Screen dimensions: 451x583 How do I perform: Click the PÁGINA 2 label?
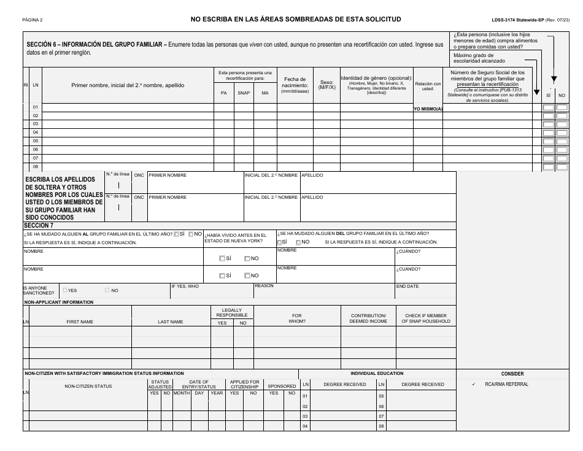tap(32, 20)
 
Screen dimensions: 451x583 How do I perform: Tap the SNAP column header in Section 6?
tap(244, 93)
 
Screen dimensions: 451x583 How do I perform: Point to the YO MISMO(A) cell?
tap(428, 108)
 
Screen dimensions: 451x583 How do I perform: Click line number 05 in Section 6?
tap(36, 141)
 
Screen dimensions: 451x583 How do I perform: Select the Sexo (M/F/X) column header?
tap(326, 84)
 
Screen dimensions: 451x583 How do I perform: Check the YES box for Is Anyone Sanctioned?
tap(66, 290)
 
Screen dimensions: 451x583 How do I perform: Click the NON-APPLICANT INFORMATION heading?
tap(58, 302)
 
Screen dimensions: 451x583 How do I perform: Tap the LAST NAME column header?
tap(171, 322)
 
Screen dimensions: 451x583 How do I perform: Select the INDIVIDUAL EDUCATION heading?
tap(377, 373)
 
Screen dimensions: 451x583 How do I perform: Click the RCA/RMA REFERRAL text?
tap(506, 385)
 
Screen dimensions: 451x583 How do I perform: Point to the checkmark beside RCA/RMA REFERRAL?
tap(474, 385)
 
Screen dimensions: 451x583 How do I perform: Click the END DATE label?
tap(407, 286)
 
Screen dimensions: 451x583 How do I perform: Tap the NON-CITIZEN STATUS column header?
tap(88, 386)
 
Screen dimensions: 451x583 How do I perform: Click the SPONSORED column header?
tap(282, 386)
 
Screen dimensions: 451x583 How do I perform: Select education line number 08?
tap(381, 426)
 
